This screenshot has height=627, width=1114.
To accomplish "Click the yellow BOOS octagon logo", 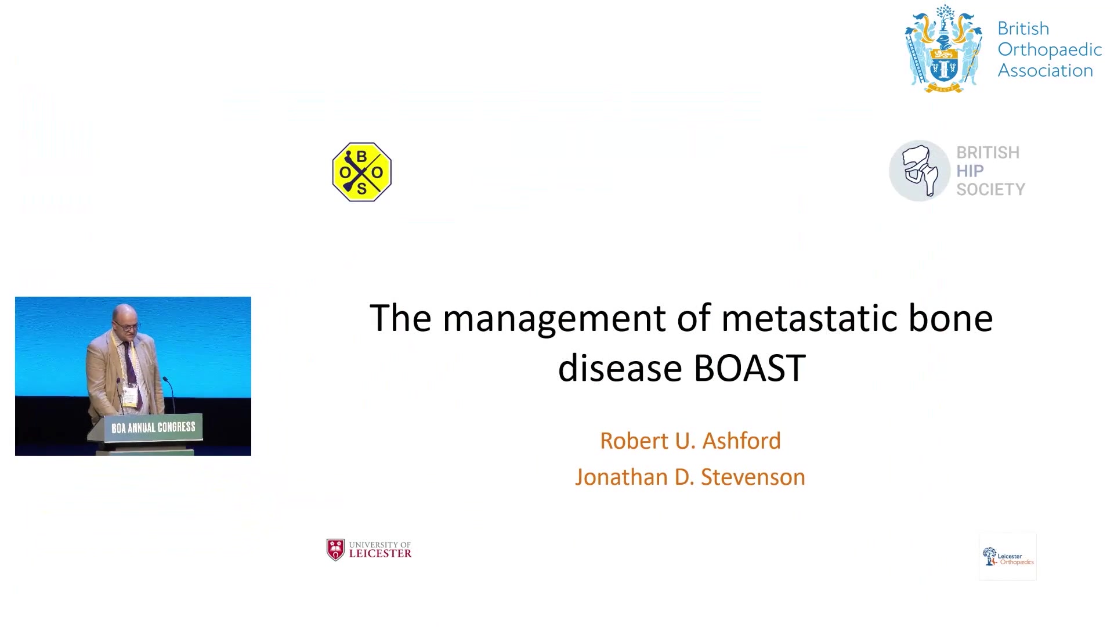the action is tap(362, 172).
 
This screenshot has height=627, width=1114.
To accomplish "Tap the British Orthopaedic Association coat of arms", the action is tap(944, 49).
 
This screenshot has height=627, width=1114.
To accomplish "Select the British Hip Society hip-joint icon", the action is tap(920, 171).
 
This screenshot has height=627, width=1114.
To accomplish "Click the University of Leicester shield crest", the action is tap(335, 550).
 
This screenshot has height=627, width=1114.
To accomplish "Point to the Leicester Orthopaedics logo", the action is tap(1008, 556).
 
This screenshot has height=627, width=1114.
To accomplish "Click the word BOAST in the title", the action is tap(750, 367).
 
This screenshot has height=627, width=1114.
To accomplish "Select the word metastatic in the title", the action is tap(809, 318).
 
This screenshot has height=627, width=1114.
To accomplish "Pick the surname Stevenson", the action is tap(753, 477).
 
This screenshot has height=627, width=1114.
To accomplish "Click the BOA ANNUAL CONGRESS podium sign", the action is tap(153, 428).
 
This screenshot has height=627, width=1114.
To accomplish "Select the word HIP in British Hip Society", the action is tap(970, 171).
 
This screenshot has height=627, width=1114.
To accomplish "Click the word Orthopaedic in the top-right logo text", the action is tap(1050, 49).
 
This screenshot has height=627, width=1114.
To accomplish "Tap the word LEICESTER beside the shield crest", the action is tap(380, 553).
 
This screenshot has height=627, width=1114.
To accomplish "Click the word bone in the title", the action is tap(950, 318).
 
